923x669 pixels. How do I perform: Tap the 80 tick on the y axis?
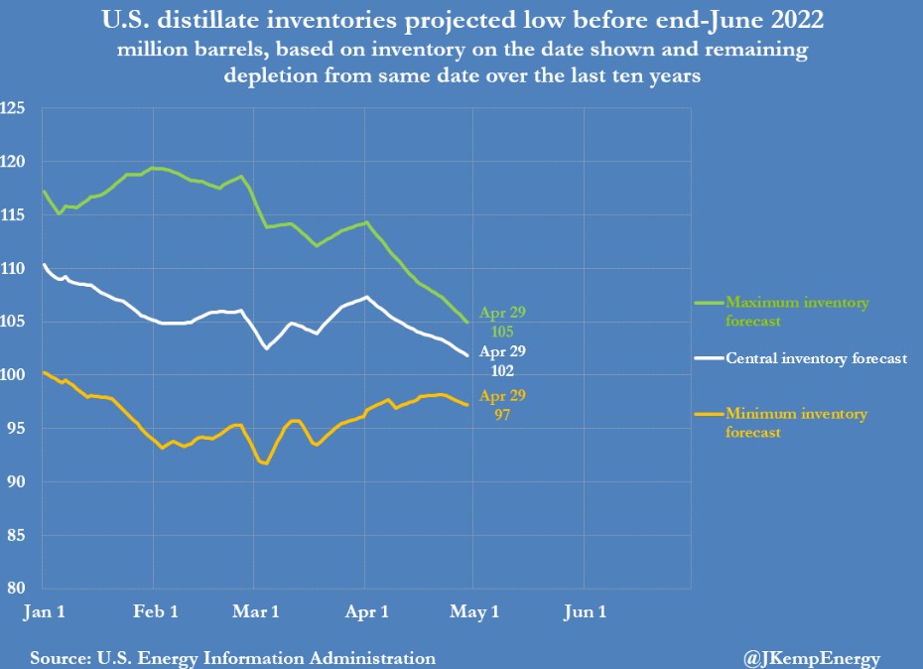(16, 588)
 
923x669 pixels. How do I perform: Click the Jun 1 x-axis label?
(585, 612)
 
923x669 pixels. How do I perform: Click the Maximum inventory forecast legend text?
(797, 311)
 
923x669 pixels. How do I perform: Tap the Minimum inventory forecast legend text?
(796, 423)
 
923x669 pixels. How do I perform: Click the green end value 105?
(504, 330)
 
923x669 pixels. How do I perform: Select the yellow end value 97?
(504, 412)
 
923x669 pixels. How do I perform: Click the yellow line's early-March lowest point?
(265, 464)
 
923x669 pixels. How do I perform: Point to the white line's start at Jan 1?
(44, 265)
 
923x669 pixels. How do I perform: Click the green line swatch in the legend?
(706, 302)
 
